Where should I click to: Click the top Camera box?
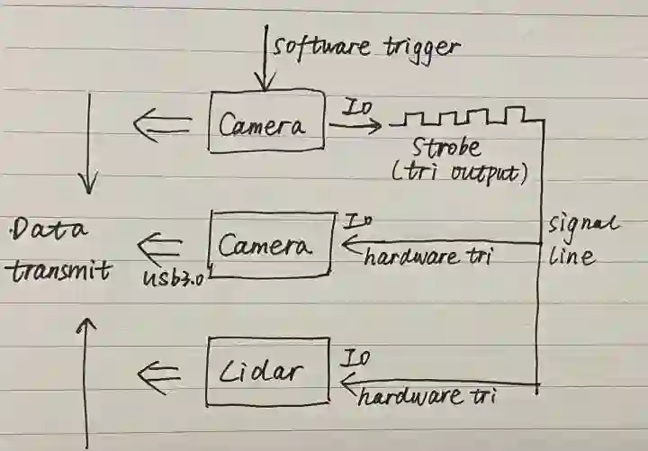pos(266,123)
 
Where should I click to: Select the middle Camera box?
pos(271,243)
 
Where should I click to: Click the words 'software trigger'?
pos(367,46)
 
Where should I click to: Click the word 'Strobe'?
pos(445,148)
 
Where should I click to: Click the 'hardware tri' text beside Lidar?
pos(427,394)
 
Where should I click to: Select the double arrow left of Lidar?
pos(163,369)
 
